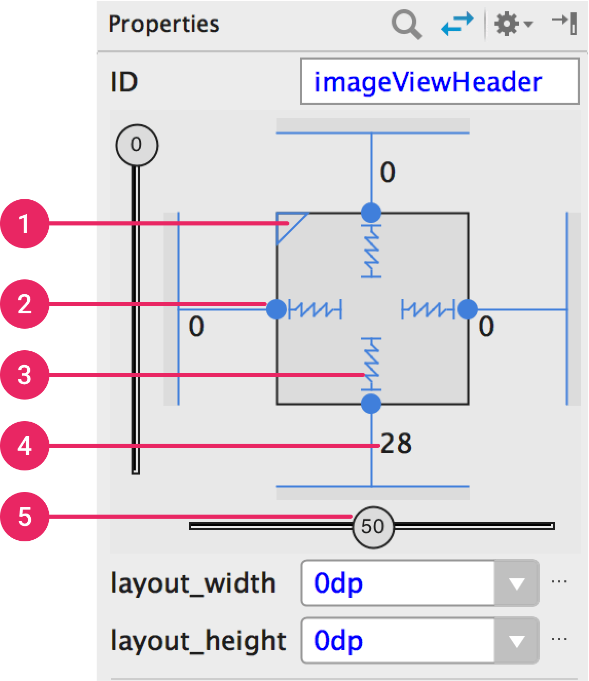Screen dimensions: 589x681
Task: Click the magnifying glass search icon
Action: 407,24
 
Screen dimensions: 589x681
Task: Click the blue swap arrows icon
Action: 457,24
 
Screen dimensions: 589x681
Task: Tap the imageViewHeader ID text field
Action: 439,81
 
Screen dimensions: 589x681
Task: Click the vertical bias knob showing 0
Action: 137,145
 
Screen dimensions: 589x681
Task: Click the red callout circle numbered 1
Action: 25,223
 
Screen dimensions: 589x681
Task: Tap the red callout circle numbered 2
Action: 25,304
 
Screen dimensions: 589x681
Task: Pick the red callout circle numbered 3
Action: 25,375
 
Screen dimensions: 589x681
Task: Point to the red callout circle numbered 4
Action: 25,446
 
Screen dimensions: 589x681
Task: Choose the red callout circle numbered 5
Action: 25,517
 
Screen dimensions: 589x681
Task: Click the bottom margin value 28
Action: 396,443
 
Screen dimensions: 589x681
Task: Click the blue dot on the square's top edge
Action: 372,213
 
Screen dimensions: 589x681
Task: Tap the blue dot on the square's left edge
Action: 277,309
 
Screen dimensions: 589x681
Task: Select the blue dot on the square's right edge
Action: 468,309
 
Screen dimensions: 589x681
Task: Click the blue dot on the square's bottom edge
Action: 372,404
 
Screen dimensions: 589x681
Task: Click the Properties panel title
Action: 164,24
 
